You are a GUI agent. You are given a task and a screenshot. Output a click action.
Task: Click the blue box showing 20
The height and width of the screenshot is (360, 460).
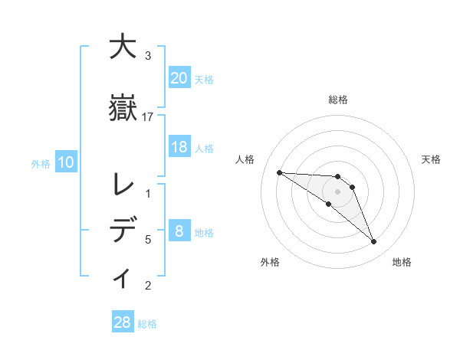(x=179, y=78)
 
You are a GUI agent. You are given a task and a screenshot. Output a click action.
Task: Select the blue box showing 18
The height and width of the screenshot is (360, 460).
(x=179, y=147)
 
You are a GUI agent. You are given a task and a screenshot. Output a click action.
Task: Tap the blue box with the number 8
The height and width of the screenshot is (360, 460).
(x=179, y=232)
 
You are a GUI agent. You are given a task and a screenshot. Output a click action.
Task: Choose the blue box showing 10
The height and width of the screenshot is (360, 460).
(x=66, y=162)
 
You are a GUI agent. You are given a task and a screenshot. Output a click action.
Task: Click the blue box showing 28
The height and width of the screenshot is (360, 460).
(x=123, y=322)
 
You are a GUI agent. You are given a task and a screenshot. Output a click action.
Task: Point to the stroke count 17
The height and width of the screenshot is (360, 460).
(x=148, y=116)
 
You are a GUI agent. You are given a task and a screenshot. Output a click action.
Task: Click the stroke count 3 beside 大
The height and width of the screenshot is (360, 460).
(x=148, y=55)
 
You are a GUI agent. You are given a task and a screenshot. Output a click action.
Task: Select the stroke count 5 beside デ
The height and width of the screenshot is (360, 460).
(x=148, y=240)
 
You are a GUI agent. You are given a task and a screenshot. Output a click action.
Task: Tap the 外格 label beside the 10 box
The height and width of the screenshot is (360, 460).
(x=41, y=163)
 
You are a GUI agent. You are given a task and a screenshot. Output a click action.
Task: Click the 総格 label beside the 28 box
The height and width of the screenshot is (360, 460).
(x=147, y=323)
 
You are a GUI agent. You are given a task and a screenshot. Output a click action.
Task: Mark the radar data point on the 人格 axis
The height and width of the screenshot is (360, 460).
(x=279, y=172)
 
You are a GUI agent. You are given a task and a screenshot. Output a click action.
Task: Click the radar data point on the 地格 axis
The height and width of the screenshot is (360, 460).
(x=373, y=242)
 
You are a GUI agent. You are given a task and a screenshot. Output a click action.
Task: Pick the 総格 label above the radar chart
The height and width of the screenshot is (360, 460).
(x=337, y=100)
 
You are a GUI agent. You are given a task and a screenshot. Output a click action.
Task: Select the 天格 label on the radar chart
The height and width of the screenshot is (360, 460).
(x=431, y=159)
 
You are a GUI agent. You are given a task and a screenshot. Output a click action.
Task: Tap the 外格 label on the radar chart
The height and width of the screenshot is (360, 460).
(x=270, y=262)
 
